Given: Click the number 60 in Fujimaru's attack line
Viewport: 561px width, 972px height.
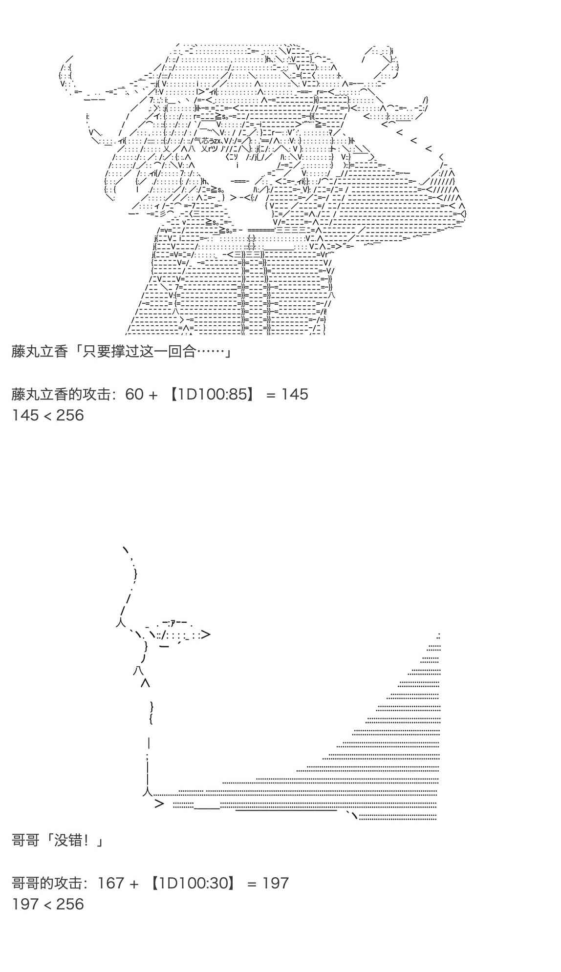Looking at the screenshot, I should click(134, 394).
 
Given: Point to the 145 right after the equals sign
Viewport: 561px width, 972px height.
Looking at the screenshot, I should click(295, 394).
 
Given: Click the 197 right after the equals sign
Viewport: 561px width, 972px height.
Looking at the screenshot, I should click(276, 883).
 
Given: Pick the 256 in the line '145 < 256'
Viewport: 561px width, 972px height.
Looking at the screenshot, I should click(70, 415).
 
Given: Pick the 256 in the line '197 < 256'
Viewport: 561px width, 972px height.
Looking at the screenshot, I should click(70, 904).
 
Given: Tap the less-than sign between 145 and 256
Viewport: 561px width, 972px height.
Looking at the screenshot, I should click(47, 415).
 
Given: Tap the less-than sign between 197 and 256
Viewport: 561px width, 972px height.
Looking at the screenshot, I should click(47, 904).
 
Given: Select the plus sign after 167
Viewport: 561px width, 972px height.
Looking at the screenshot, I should click(134, 883).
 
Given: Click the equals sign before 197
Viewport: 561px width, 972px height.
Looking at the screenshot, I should click(252, 883).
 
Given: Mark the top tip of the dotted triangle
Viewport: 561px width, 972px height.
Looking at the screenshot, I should click(438, 636).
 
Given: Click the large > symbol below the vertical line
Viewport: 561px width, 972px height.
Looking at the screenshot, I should click(159, 803).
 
